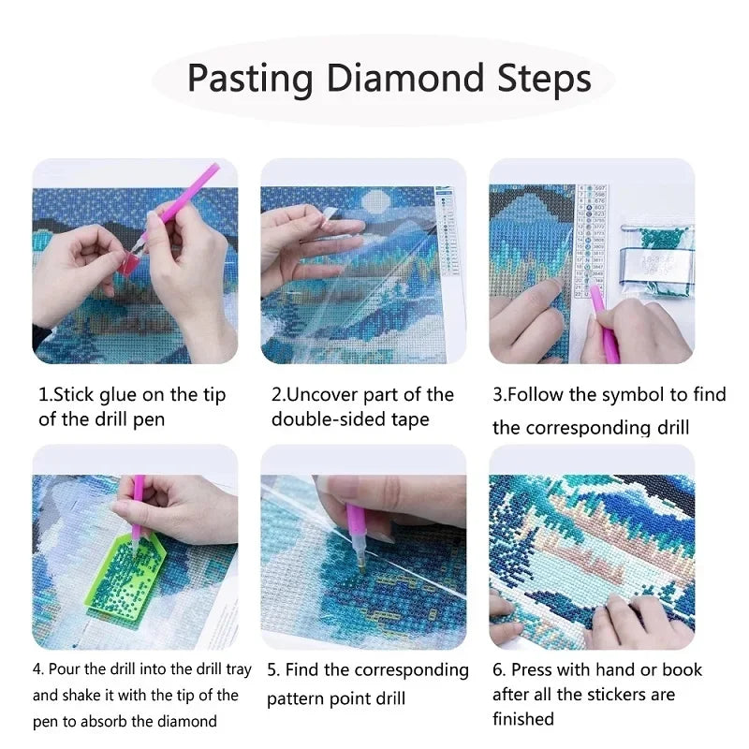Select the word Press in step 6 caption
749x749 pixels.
click(x=536, y=669)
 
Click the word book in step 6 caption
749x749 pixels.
click(x=680, y=669)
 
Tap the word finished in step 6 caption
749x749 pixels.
click(x=523, y=719)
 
